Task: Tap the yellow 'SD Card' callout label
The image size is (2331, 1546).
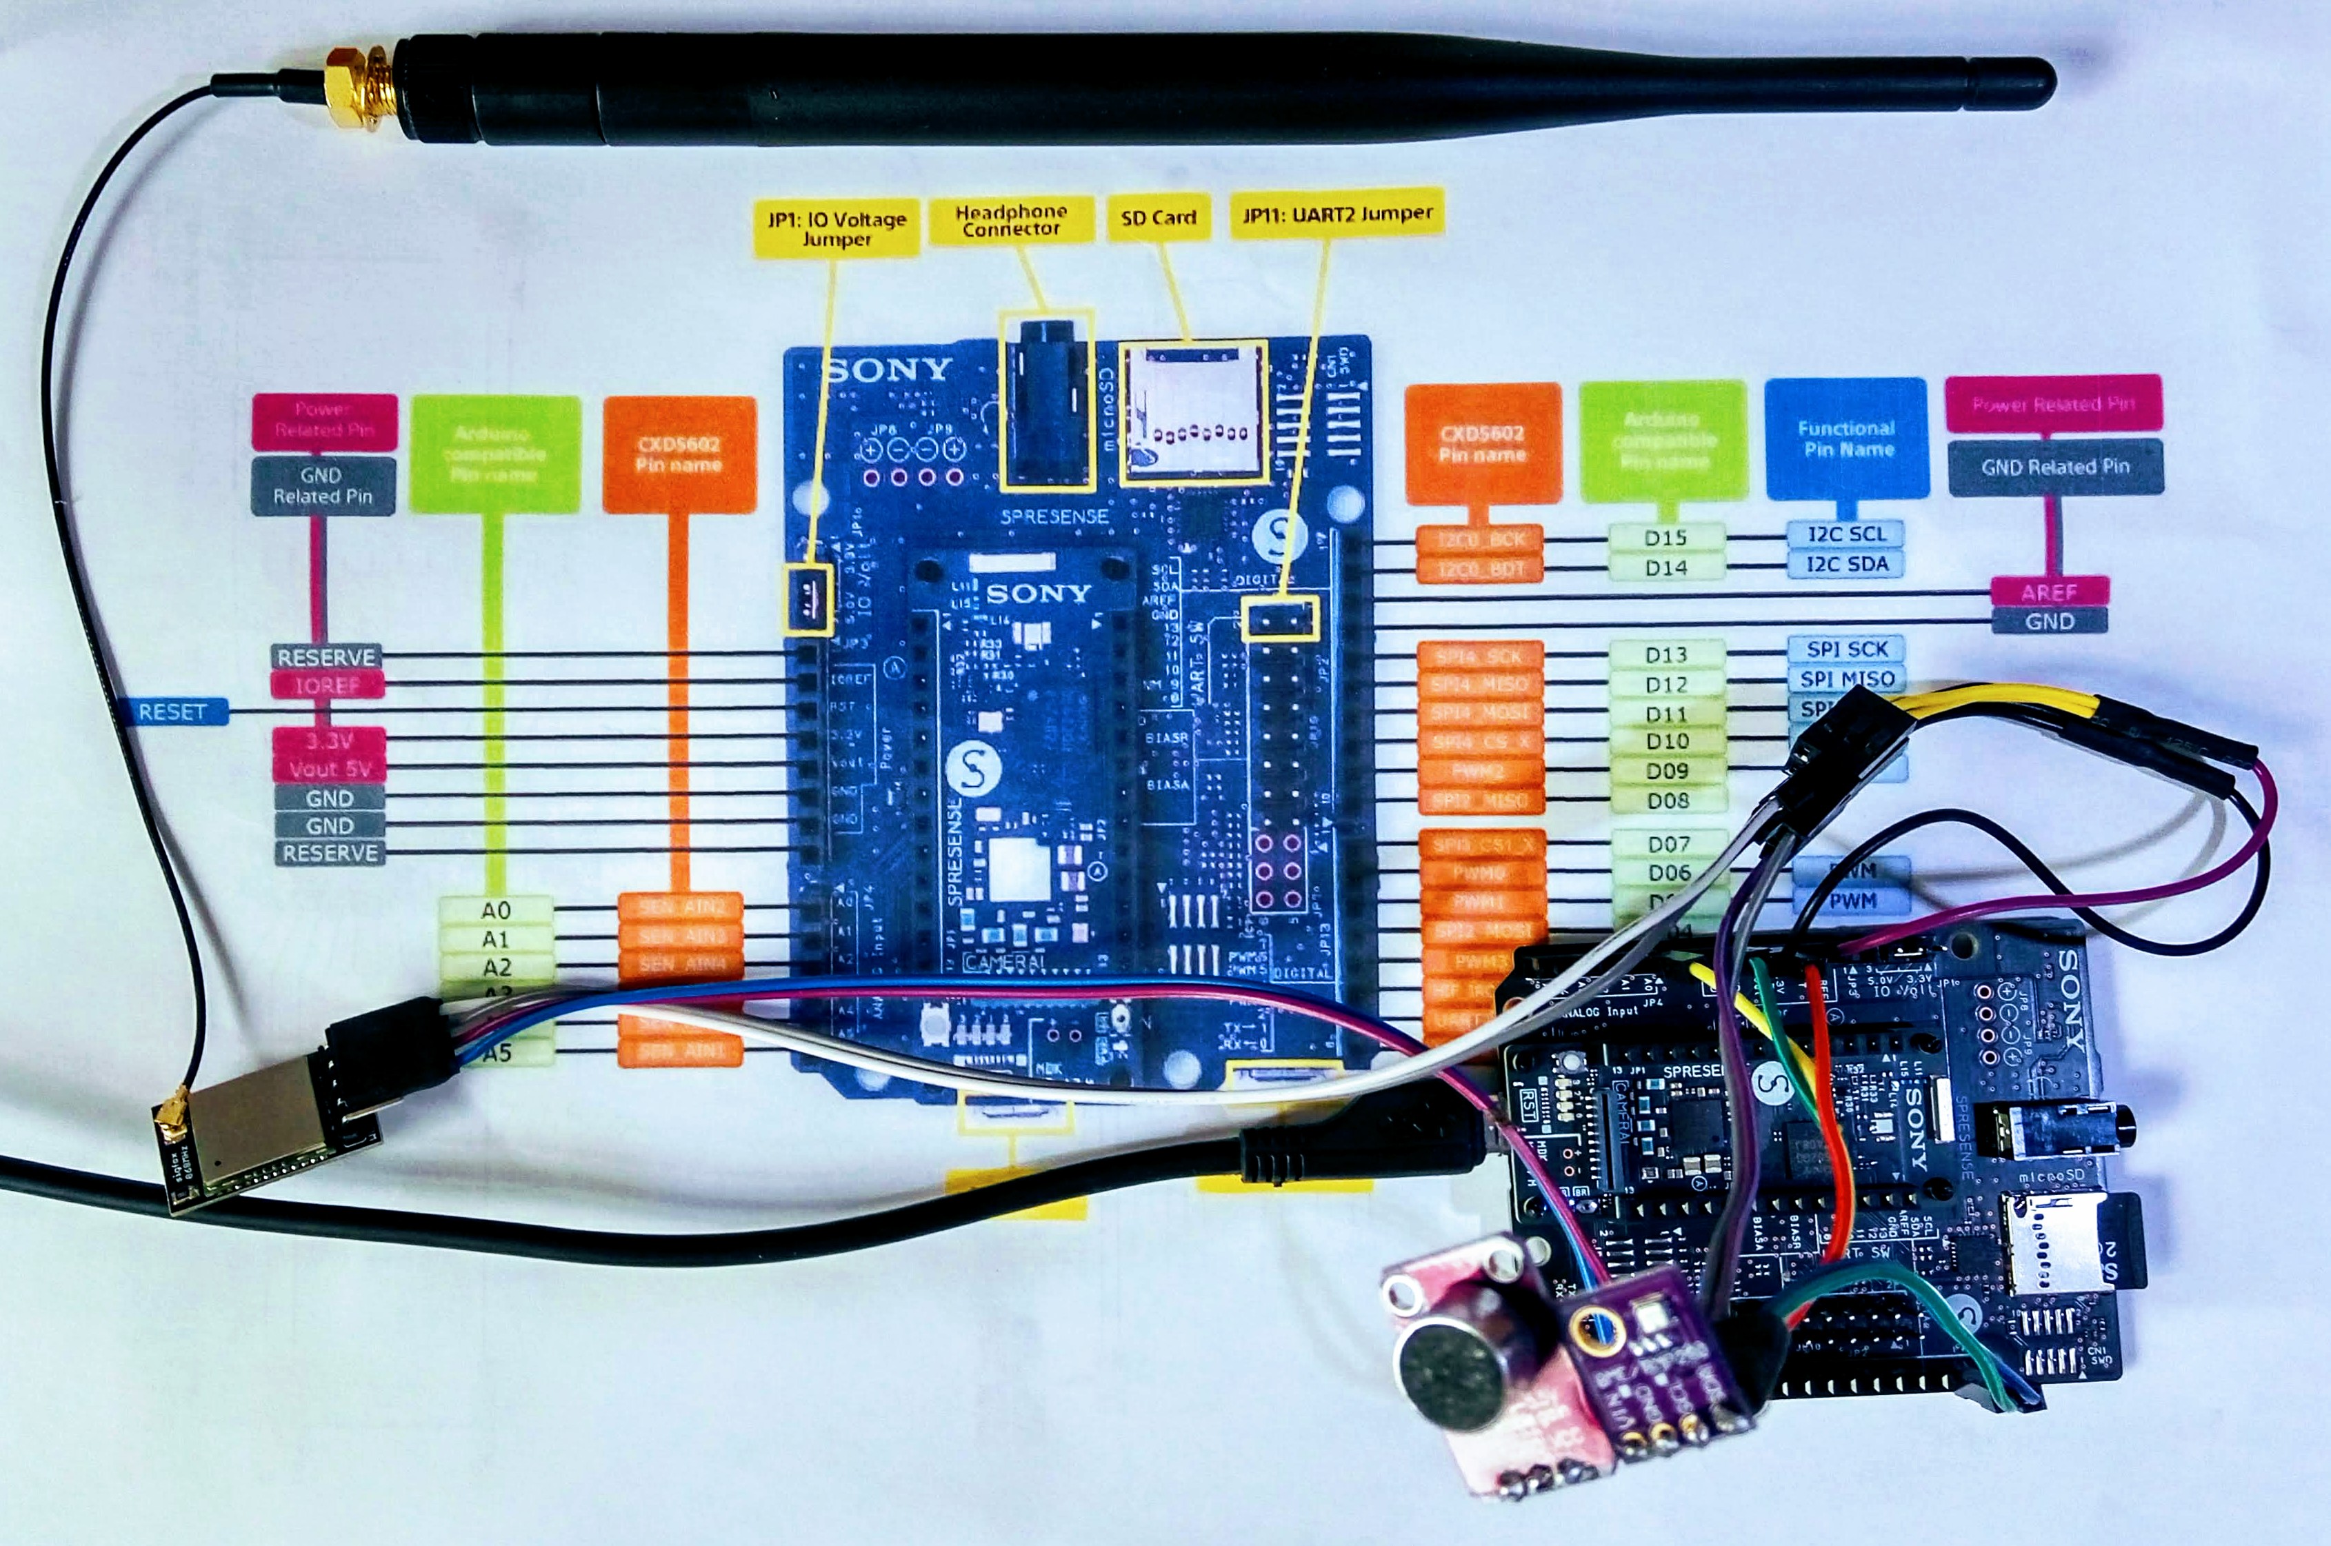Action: click(1159, 217)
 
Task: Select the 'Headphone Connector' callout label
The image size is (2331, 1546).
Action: click(1011, 220)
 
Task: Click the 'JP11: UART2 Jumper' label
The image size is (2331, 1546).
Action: click(1337, 213)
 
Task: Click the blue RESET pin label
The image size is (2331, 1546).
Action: click(172, 712)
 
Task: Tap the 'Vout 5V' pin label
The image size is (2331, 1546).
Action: click(330, 769)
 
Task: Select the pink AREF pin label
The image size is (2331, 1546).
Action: click(2049, 592)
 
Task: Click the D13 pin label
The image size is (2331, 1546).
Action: click(1665, 654)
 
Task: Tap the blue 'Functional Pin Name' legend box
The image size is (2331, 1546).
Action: click(1846, 439)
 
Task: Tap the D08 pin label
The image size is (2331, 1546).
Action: click(1668, 801)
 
